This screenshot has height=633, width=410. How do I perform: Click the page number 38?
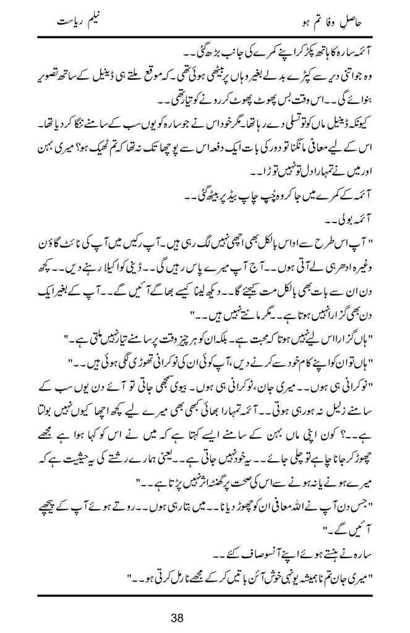click(205, 618)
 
